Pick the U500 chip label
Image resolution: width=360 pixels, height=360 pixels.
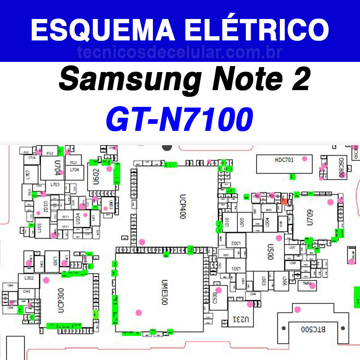[270, 252]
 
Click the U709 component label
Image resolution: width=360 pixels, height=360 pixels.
[309, 218]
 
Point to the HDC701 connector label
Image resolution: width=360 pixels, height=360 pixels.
[284, 160]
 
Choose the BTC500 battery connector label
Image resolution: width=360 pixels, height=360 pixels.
[313, 329]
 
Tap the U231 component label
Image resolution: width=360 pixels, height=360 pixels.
[241, 320]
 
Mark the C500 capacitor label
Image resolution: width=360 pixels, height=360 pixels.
[215, 299]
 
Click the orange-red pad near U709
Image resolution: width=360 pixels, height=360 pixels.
[284, 201]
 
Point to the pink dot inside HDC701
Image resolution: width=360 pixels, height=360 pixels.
[304, 159]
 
